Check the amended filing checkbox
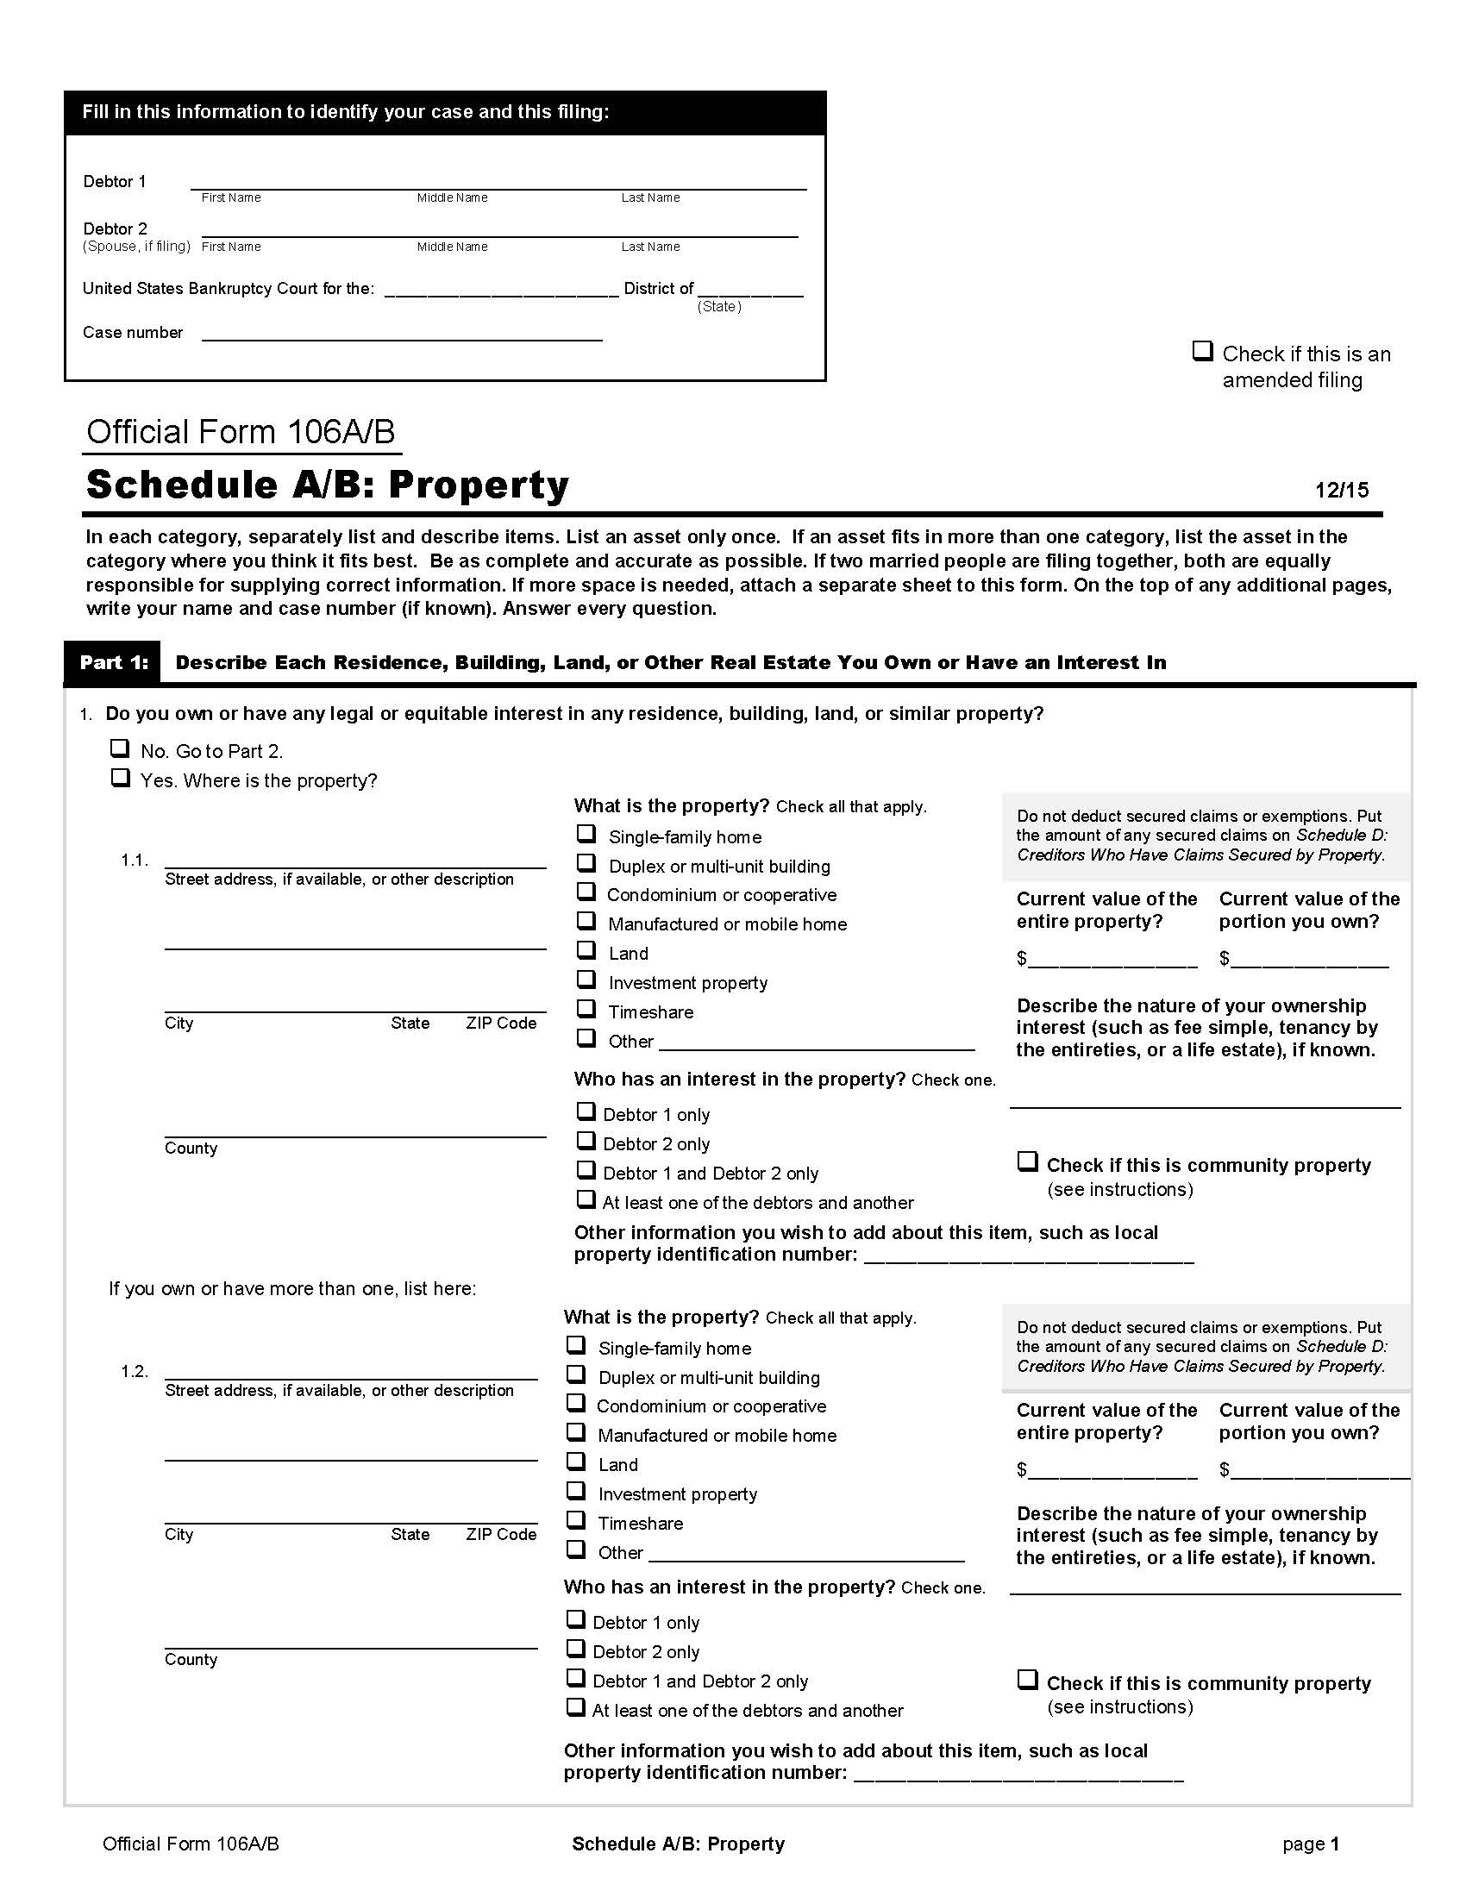click(x=1201, y=352)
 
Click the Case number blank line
click(x=401, y=334)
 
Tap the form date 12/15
click(x=1341, y=490)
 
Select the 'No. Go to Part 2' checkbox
click(x=120, y=748)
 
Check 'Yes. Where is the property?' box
click(x=120, y=779)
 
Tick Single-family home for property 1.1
click(x=587, y=835)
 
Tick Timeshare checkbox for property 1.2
click(x=576, y=1521)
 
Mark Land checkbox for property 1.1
click(x=587, y=951)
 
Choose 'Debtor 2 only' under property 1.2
click(x=576, y=1649)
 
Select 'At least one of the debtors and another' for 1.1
click(x=586, y=1200)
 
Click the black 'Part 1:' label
click(x=114, y=663)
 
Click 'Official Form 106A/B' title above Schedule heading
click(x=241, y=433)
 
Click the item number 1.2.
click(x=135, y=1372)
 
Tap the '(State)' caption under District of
click(x=719, y=307)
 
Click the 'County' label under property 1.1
click(x=191, y=1149)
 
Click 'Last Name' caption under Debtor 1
click(x=650, y=198)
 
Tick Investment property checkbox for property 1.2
click(x=576, y=1492)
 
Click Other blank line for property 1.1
click(x=817, y=1043)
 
